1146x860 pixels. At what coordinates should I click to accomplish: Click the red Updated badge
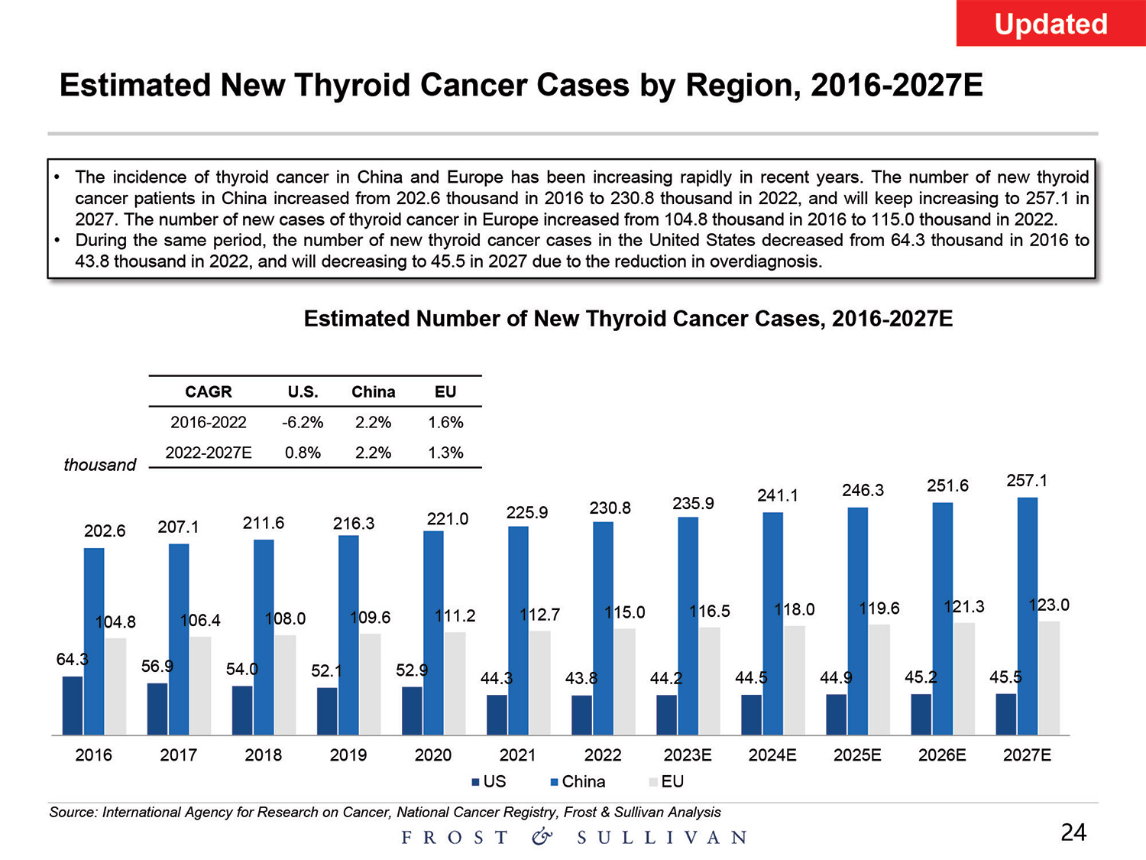pos(1050,24)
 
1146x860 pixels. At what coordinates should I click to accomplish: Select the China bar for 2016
pos(94,641)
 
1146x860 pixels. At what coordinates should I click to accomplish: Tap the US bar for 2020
pos(412,710)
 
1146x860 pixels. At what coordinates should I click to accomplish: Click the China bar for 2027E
pos(1028,616)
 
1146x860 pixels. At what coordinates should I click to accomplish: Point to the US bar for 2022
pos(581,715)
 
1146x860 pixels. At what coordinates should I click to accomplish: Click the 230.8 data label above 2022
pos(610,508)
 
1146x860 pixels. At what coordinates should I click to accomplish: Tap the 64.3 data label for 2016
pos(72,659)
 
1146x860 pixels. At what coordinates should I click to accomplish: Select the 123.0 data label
pos(1049,605)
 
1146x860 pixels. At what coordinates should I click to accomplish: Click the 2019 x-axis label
pos(348,755)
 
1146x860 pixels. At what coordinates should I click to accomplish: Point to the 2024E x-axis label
pos(772,755)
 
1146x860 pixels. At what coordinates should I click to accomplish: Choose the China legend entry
pos(578,782)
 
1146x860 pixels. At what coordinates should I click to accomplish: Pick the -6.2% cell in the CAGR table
pos(303,422)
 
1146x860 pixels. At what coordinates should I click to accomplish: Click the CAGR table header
pos(208,391)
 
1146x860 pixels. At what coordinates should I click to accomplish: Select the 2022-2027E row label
pos(209,453)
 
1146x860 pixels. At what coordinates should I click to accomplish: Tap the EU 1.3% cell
pos(445,453)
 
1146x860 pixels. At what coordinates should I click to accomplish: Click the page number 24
pos(1073,832)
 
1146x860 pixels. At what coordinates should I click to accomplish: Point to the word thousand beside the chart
pos(99,465)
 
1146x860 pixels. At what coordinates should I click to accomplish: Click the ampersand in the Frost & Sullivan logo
pos(542,837)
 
